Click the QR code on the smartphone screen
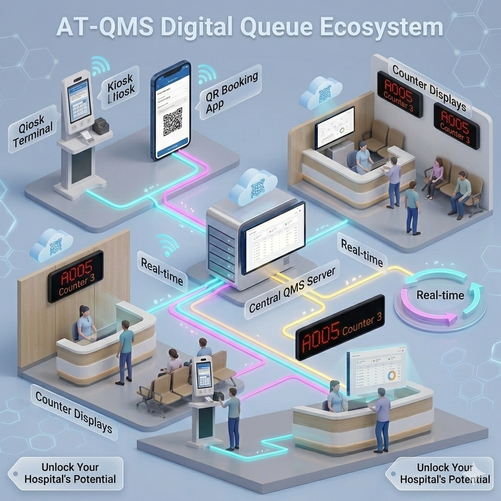(x=173, y=121)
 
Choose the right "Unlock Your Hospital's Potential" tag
(x=442, y=473)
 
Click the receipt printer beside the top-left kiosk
(x=100, y=125)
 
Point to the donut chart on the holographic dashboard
(x=391, y=375)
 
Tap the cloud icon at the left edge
(x=51, y=245)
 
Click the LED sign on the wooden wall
(x=76, y=277)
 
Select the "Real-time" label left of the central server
(x=162, y=270)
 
